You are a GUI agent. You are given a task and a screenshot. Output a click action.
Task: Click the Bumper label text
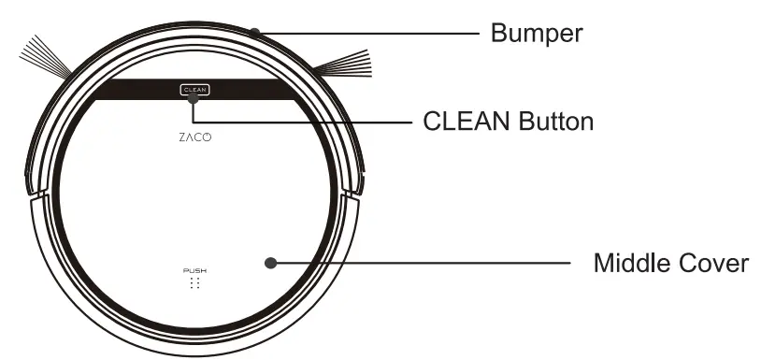point(537,34)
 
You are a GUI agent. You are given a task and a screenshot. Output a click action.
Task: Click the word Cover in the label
point(716,263)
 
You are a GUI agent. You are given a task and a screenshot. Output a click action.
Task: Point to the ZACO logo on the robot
point(194,137)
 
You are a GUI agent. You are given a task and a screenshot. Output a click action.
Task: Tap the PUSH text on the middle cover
point(194,269)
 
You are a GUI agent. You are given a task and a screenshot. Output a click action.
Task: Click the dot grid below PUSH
point(194,282)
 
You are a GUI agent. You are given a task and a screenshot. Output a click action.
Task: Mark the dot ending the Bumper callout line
point(254,32)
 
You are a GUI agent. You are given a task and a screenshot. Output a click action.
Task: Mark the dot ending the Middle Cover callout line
point(271,263)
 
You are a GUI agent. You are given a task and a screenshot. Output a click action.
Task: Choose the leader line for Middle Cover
point(421,263)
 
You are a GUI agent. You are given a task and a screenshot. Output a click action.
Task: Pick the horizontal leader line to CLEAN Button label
point(299,122)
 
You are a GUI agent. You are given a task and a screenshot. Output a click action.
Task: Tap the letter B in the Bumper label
point(500,34)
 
